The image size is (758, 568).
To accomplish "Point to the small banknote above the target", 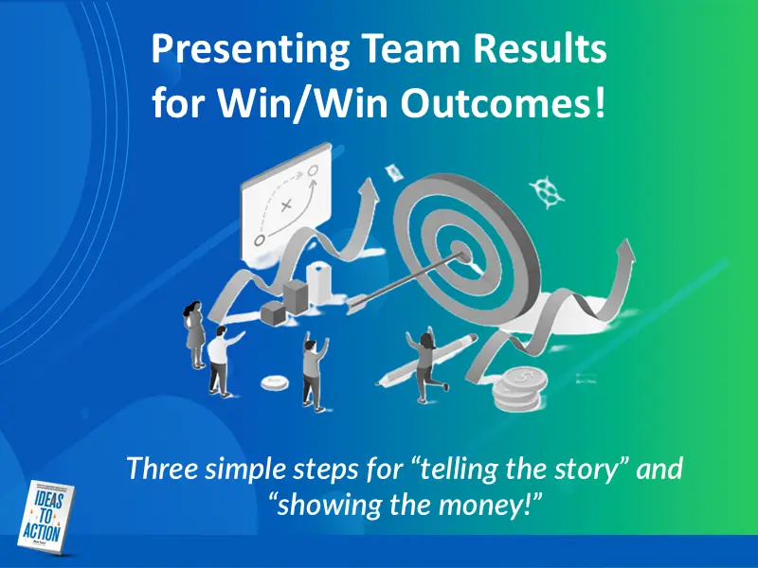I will pyautogui.click(x=392, y=171).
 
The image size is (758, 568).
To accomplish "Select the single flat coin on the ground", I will pyautogui.click(x=275, y=382).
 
